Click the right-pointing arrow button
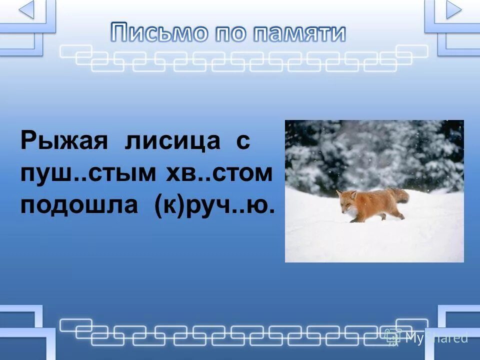453,9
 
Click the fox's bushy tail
398,195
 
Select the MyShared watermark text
436,338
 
